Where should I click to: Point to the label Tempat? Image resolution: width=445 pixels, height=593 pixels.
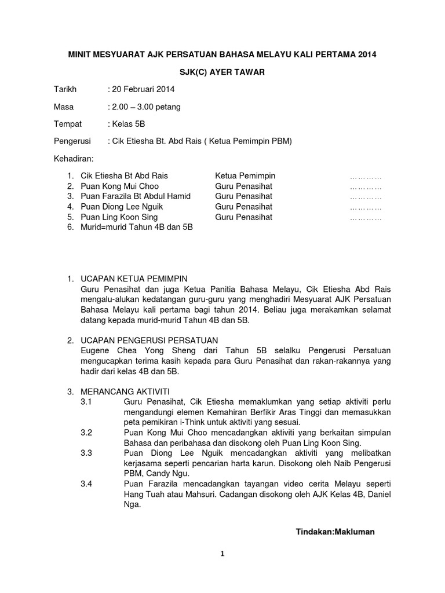(68, 124)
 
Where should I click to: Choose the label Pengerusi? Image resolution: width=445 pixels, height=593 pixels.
(74, 141)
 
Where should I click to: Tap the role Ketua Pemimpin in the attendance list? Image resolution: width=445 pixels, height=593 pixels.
(245, 176)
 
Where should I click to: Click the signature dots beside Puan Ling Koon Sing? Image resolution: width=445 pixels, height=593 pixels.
(366, 218)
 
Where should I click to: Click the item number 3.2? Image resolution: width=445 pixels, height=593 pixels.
(87, 433)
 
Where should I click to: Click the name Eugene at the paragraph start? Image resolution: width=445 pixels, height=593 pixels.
(96, 350)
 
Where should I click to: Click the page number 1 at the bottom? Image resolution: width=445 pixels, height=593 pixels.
(222, 554)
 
